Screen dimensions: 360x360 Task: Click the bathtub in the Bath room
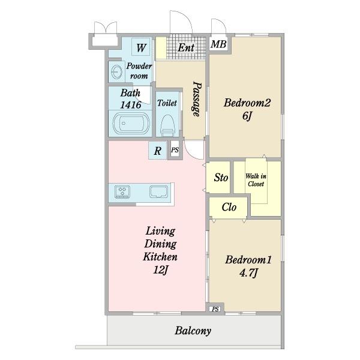(131, 124)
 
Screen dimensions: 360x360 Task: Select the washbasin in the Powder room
(116, 71)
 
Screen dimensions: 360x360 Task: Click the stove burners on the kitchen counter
(122, 192)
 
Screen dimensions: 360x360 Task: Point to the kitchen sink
(158, 192)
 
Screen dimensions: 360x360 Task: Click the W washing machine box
(141, 47)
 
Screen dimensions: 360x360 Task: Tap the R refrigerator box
(157, 151)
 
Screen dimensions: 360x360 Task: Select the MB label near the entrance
(218, 44)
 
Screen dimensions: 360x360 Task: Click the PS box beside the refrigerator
(175, 150)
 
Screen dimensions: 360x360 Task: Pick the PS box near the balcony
(215, 309)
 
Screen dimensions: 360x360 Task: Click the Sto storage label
(221, 177)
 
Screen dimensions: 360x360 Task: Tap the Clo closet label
(229, 207)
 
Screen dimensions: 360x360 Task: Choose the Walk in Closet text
(256, 180)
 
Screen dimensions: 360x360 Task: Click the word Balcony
(193, 331)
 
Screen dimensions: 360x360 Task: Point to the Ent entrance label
(186, 48)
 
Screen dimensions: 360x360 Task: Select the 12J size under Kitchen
(161, 270)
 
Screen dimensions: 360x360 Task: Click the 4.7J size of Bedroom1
(248, 273)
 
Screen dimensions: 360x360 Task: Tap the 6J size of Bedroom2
(247, 116)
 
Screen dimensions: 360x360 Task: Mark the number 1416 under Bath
(131, 105)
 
